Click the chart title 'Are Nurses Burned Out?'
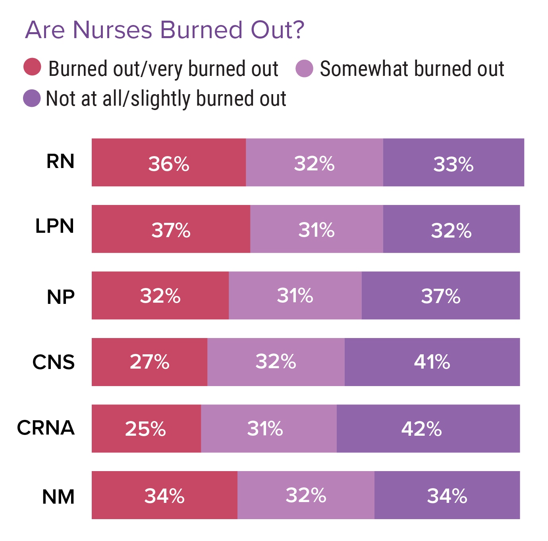[x=164, y=30]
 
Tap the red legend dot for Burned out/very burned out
[x=32, y=67]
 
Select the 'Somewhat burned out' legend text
[x=412, y=69]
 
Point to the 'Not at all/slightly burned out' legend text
[x=166, y=99]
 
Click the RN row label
[x=60, y=161]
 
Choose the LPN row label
[x=55, y=226]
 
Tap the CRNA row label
[x=46, y=428]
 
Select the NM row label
[x=58, y=497]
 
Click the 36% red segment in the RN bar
[x=169, y=163]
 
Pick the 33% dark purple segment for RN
[x=453, y=163]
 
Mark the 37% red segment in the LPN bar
[x=171, y=229]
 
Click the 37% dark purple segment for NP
[x=441, y=296]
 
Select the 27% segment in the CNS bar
[x=149, y=362]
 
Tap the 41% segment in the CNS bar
[x=432, y=362]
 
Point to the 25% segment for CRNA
[x=146, y=429]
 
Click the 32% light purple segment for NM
[x=306, y=495]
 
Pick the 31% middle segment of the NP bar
[x=295, y=296]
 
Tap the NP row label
[x=60, y=297]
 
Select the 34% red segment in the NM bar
[x=164, y=495]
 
